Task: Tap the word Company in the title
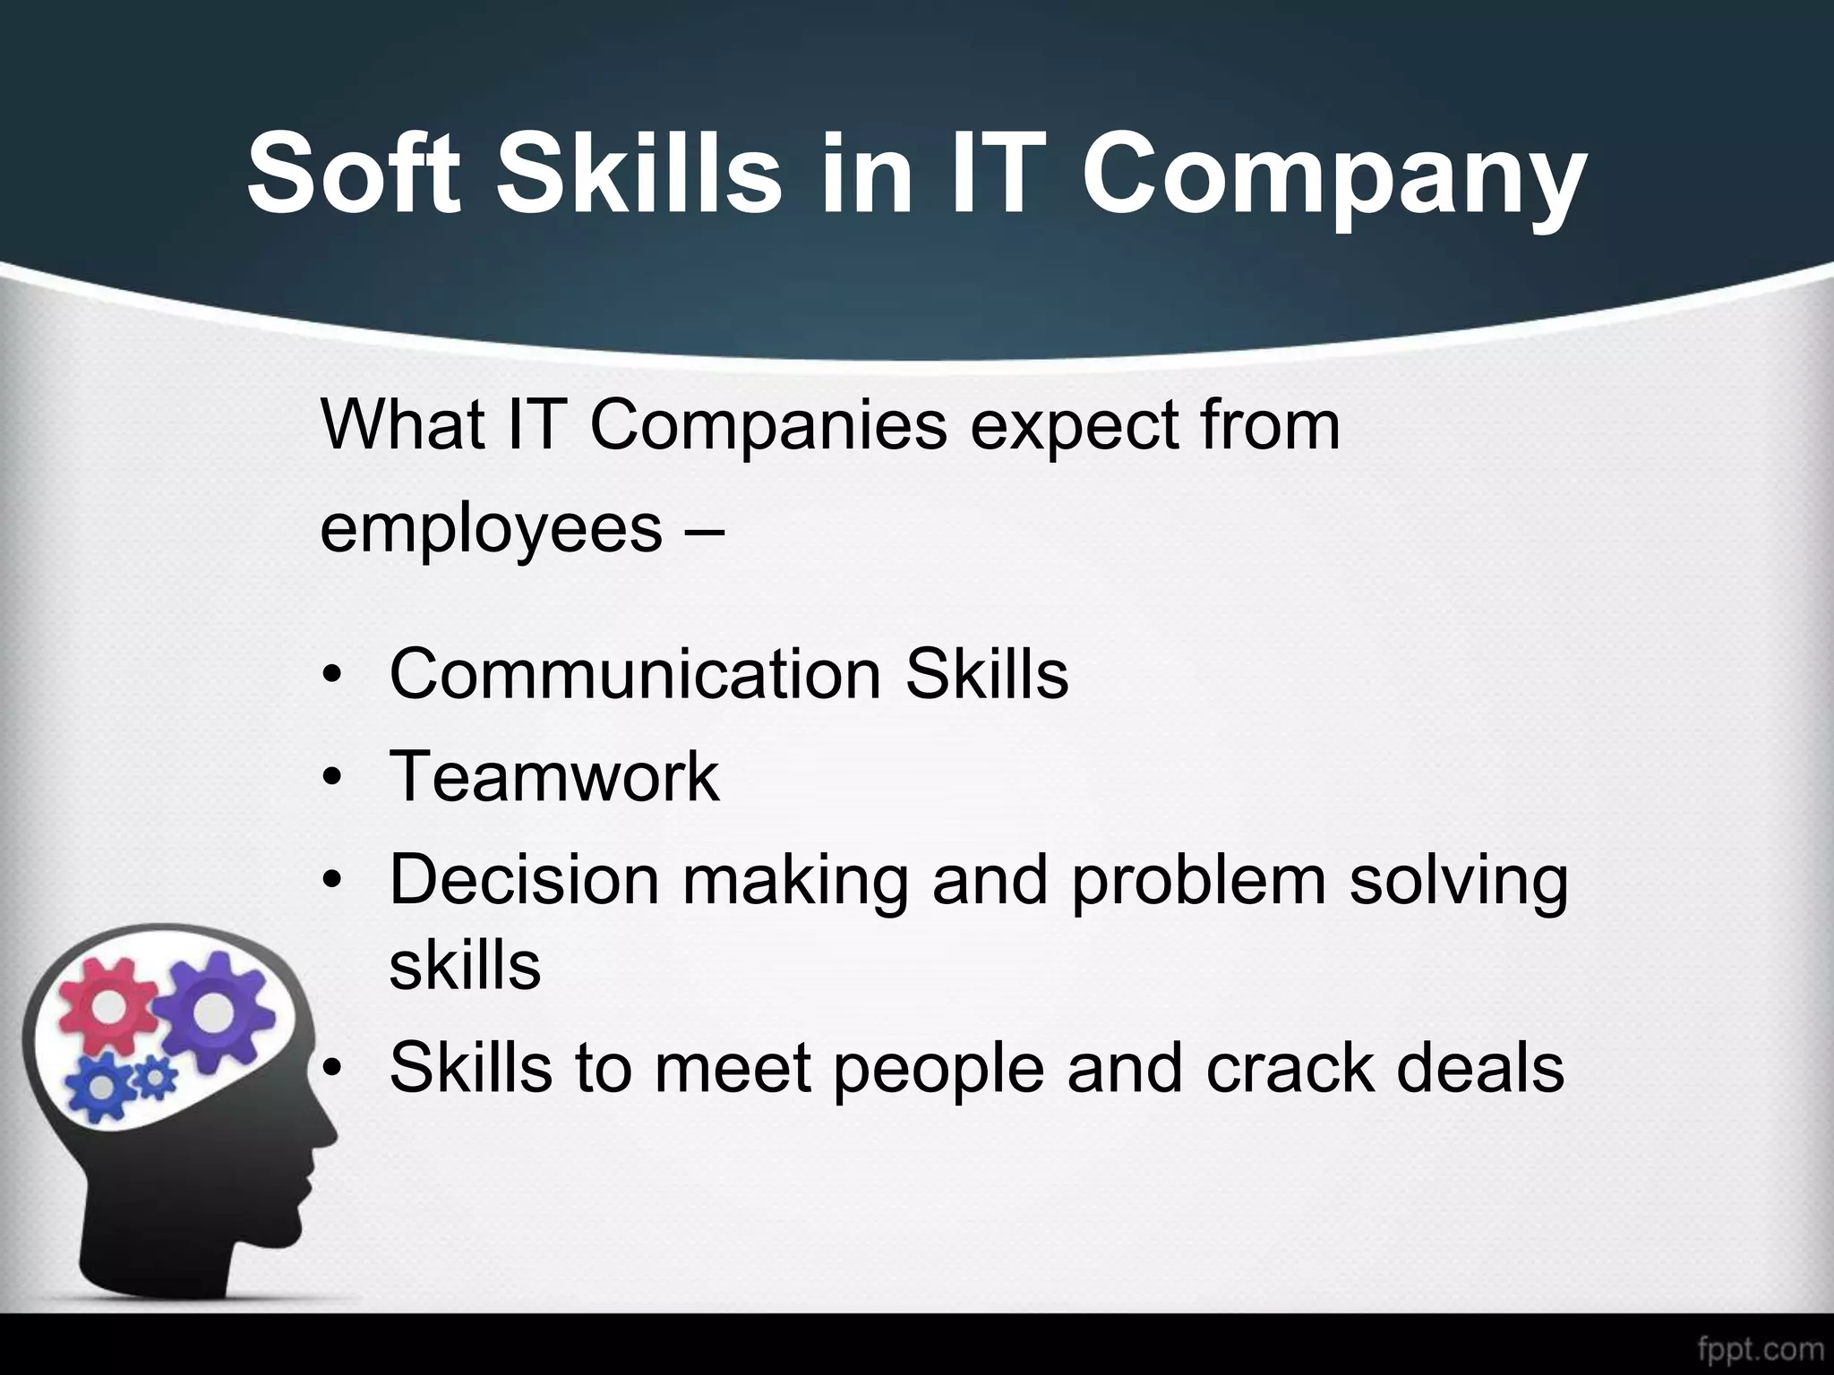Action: pos(1334,175)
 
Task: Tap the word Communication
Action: pos(636,673)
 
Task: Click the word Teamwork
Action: pos(554,776)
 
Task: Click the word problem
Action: pos(1198,881)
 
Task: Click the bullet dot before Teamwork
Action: pos(332,777)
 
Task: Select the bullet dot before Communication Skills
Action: pos(332,674)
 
